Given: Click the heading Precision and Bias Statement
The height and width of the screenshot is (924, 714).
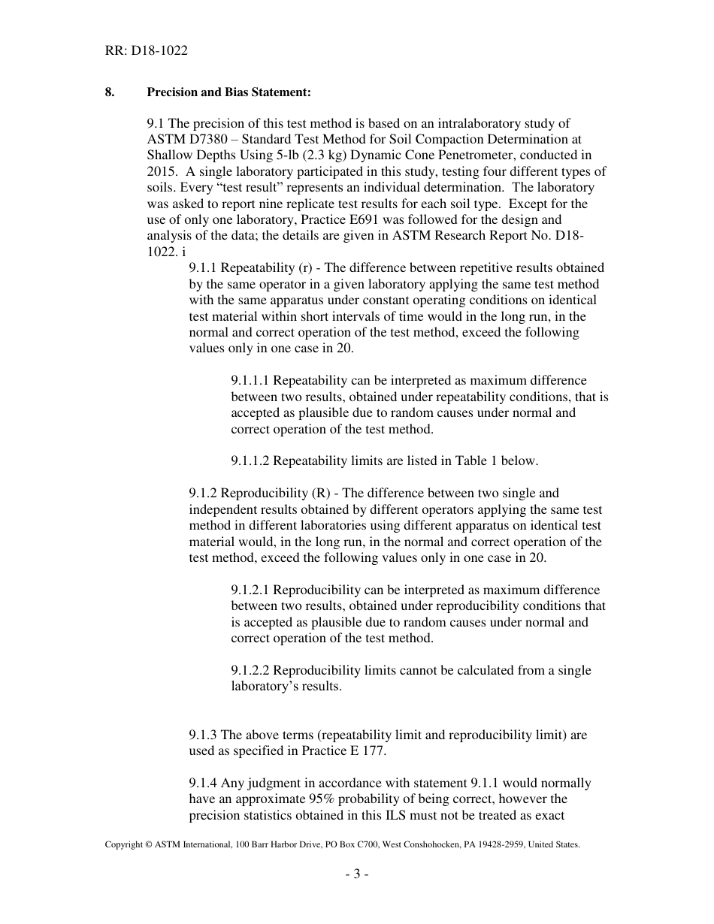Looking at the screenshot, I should (228, 92).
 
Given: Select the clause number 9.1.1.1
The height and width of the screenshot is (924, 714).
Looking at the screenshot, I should (251, 381).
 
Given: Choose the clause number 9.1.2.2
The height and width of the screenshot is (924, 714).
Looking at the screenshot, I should (251, 670).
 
